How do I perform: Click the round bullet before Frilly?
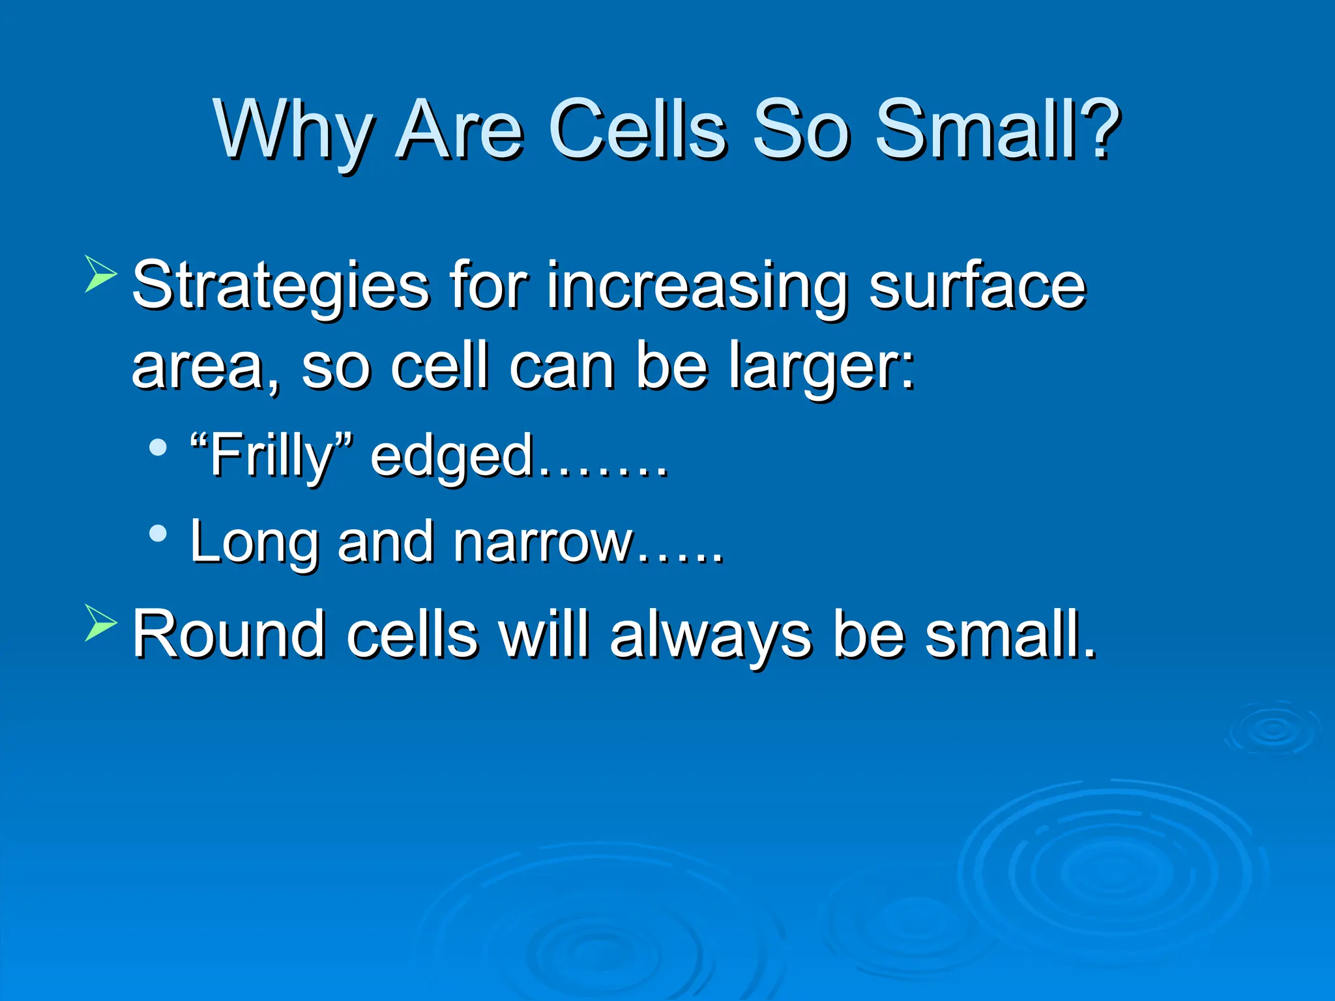click(x=158, y=448)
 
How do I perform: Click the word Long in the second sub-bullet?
click(x=254, y=542)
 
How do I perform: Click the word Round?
click(x=228, y=633)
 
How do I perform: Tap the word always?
click(x=711, y=633)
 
